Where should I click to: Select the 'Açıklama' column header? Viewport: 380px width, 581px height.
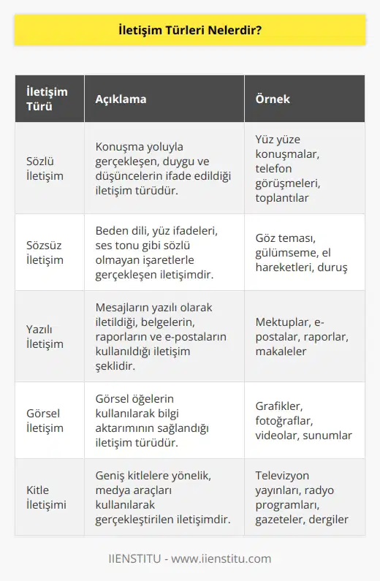(x=119, y=99)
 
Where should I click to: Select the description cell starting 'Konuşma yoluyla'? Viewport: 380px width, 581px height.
(x=162, y=168)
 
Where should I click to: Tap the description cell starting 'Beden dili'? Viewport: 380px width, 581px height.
(x=162, y=252)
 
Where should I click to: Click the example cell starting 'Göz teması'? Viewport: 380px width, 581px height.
(x=301, y=252)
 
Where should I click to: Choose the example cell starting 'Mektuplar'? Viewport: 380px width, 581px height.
(x=301, y=336)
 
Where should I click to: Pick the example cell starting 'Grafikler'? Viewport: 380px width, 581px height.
(x=301, y=420)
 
